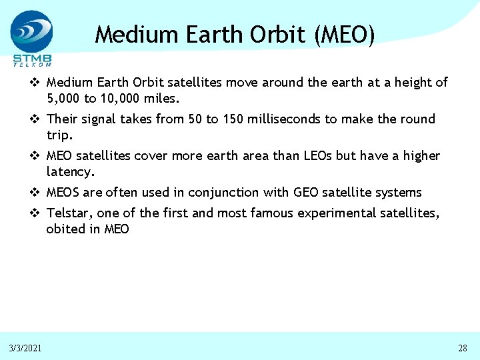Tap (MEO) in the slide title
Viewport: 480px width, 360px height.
click(x=343, y=33)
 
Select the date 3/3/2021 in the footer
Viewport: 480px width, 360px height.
click(x=25, y=348)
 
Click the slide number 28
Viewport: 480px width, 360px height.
click(x=463, y=348)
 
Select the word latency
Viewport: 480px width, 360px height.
click(x=71, y=172)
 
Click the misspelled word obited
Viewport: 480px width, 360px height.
click(x=64, y=229)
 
